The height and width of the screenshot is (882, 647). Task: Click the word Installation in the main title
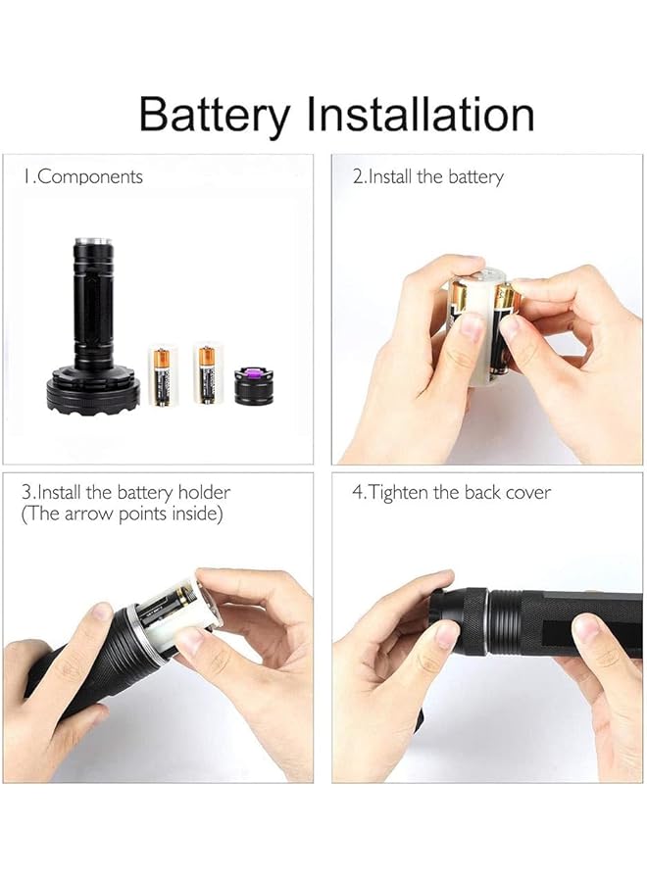point(421,114)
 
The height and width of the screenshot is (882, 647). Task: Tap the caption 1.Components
point(84,177)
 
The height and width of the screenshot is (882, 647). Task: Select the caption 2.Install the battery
point(427,177)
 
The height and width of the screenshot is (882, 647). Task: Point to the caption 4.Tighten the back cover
point(451,493)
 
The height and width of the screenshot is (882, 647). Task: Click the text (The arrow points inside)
point(123,514)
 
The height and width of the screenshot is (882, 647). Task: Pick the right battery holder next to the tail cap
point(208,373)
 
